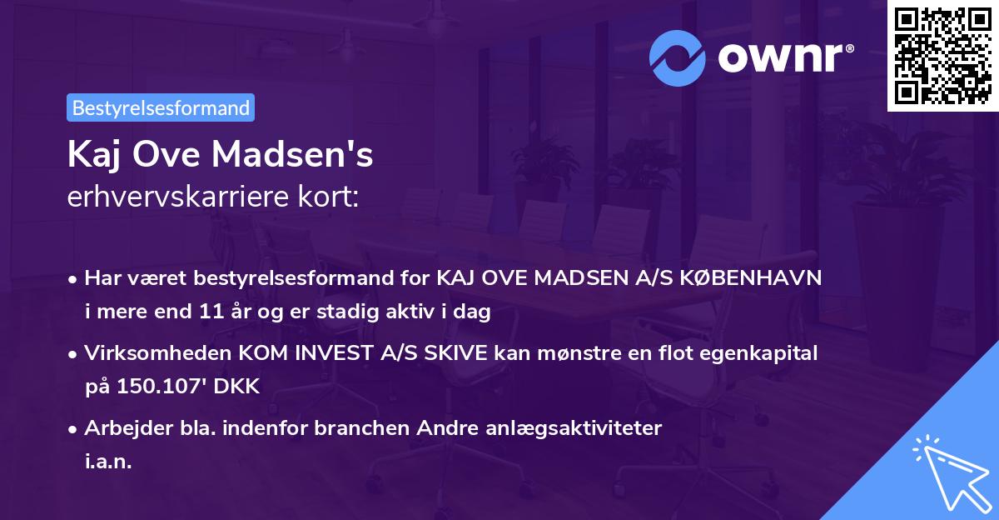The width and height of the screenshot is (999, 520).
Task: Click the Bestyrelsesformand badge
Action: (161, 107)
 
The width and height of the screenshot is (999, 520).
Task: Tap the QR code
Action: (942, 56)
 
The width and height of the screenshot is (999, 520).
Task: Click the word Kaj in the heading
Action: (92, 156)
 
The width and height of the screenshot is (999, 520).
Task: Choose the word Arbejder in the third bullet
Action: (120, 428)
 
